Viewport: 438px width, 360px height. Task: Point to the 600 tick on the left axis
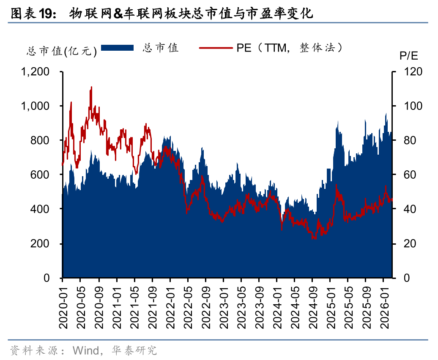[41, 175]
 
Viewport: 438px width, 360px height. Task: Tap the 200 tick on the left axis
[41, 244]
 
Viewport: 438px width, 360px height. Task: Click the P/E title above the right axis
[408, 55]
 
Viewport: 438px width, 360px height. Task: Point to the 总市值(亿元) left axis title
[62, 51]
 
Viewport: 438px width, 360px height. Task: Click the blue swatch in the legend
[118, 48]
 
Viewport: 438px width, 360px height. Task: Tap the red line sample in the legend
[215, 48]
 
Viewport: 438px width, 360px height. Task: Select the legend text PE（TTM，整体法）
[289, 48]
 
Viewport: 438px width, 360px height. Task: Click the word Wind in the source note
[86, 350]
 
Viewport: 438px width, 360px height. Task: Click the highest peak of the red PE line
[91, 87]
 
